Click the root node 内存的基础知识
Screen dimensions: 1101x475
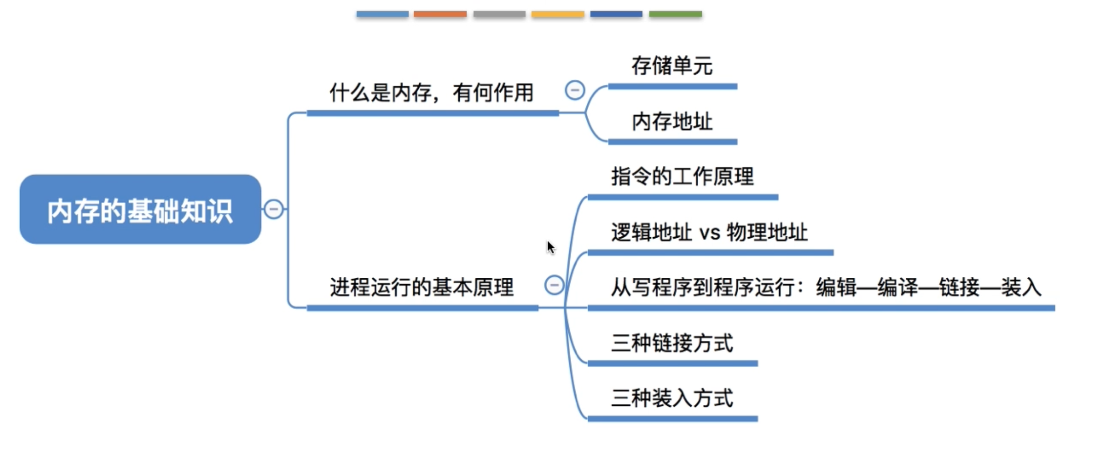pos(140,210)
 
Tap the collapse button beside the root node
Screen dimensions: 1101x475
pos(274,209)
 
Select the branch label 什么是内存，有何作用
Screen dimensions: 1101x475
pos(431,93)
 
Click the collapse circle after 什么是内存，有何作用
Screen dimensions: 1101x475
pos(574,90)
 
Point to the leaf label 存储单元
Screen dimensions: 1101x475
pos(672,66)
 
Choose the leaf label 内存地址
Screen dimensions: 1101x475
pos(672,122)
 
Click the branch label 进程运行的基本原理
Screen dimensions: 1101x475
pos(421,287)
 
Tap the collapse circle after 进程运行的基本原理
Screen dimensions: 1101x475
pos(554,285)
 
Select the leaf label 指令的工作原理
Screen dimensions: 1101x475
pos(682,177)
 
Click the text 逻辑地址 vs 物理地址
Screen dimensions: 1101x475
pos(709,232)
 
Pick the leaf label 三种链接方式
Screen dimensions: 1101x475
pos(672,343)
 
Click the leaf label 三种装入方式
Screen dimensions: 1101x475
pos(672,398)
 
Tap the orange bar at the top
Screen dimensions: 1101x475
pos(440,14)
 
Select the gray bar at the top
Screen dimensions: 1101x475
pos(499,14)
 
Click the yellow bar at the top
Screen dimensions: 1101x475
pos(558,14)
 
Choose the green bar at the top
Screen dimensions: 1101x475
pos(675,14)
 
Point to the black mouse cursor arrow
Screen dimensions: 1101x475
pos(551,247)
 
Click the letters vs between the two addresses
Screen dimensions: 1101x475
pos(710,233)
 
